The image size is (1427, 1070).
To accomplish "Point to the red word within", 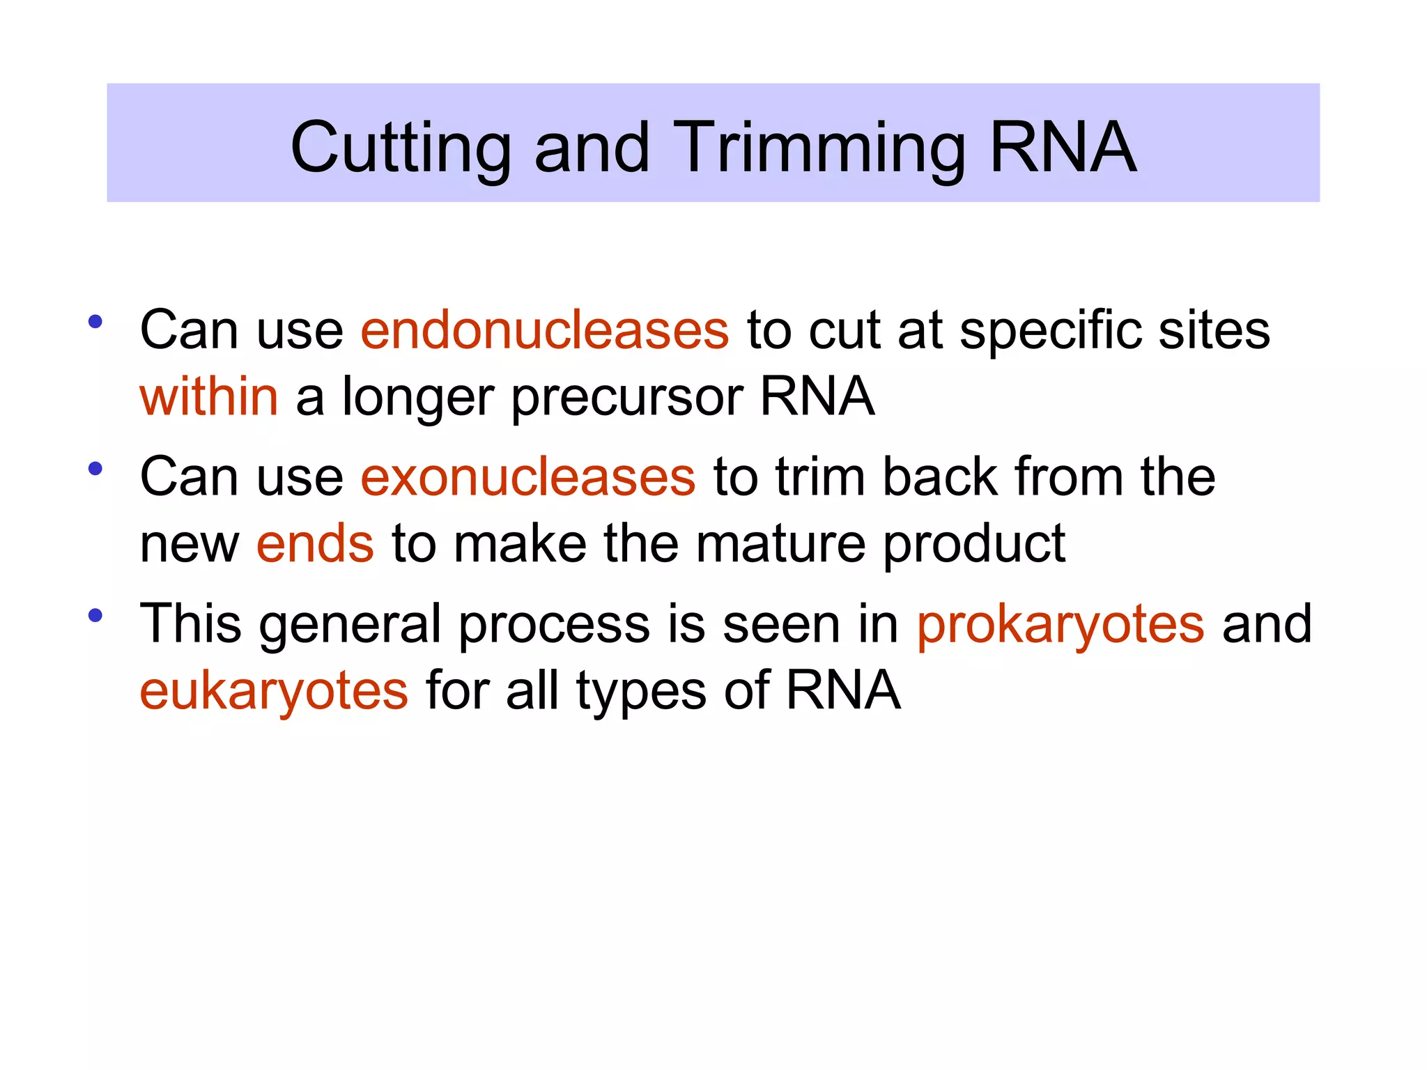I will pyautogui.click(x=209, y=396).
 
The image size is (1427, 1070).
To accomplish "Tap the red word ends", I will pyautogui.click(x=315, y=544).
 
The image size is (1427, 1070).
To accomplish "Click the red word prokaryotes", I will pyautogui.click(x=1060, y=624).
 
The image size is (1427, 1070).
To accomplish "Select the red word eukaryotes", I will pyautogui.click(x=274, y=691).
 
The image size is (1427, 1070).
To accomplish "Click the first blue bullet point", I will pyautogui.click(x=95, y=322).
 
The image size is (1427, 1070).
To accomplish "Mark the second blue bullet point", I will pyautogui.click(x=95, y=469).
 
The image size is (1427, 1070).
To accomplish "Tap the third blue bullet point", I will pyautogui.click(x=95, y=615).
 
